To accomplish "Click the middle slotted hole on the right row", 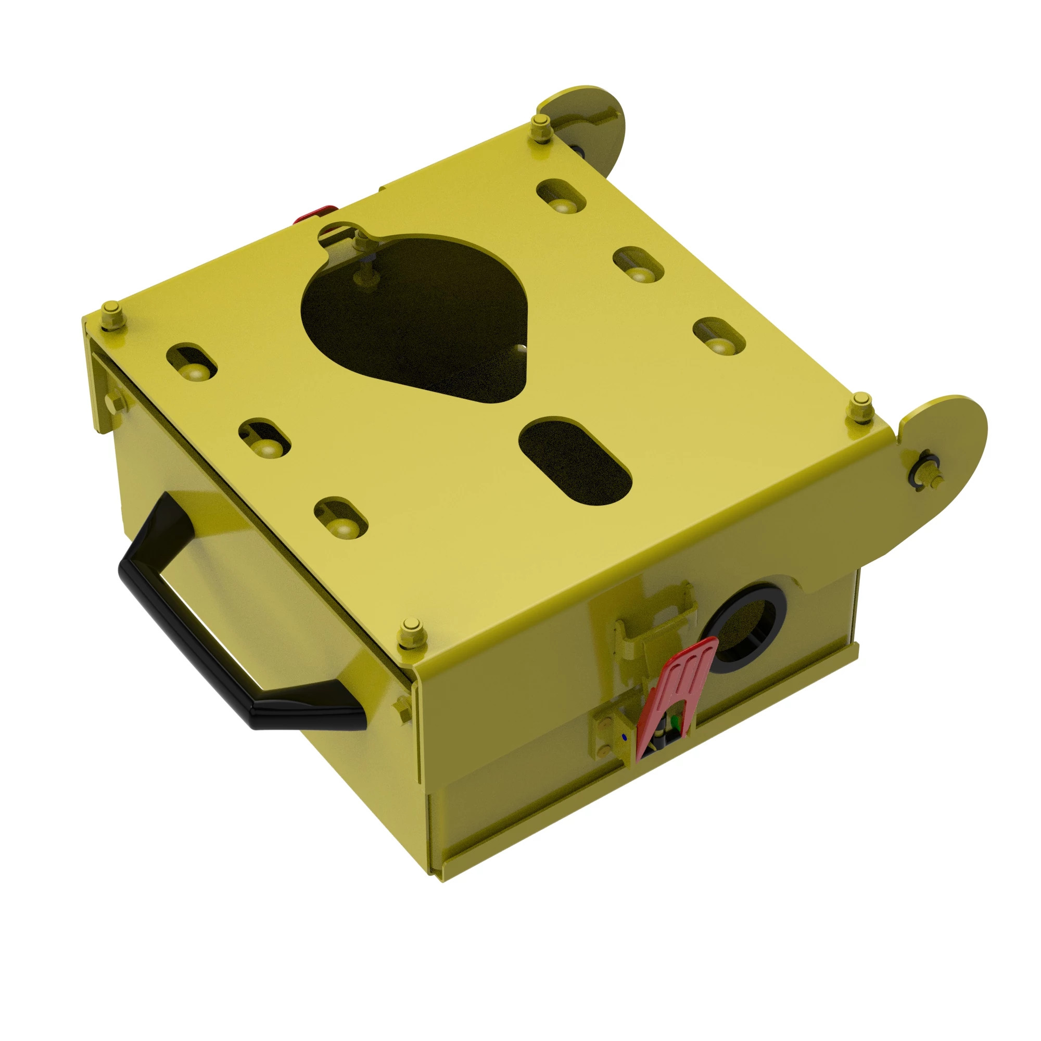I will coord(639,264).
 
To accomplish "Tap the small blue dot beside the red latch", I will coord(625,736).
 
